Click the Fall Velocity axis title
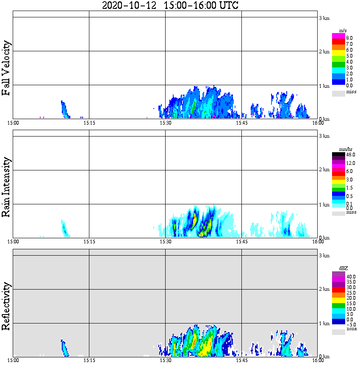tap(6, 68)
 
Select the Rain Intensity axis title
tap(6, 187)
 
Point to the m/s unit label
tap(343, 31)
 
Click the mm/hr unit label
tap(343, 149)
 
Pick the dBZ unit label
tap(343, 268)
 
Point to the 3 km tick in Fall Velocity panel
tap(324, 18)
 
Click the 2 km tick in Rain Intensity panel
tap(324, 170)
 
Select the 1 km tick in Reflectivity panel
tap(324, 323)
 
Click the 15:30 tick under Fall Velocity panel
tap(165, 123)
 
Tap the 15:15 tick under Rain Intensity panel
tap(89, 242)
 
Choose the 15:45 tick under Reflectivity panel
tap(241, 360)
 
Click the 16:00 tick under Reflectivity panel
tap(318, 360)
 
